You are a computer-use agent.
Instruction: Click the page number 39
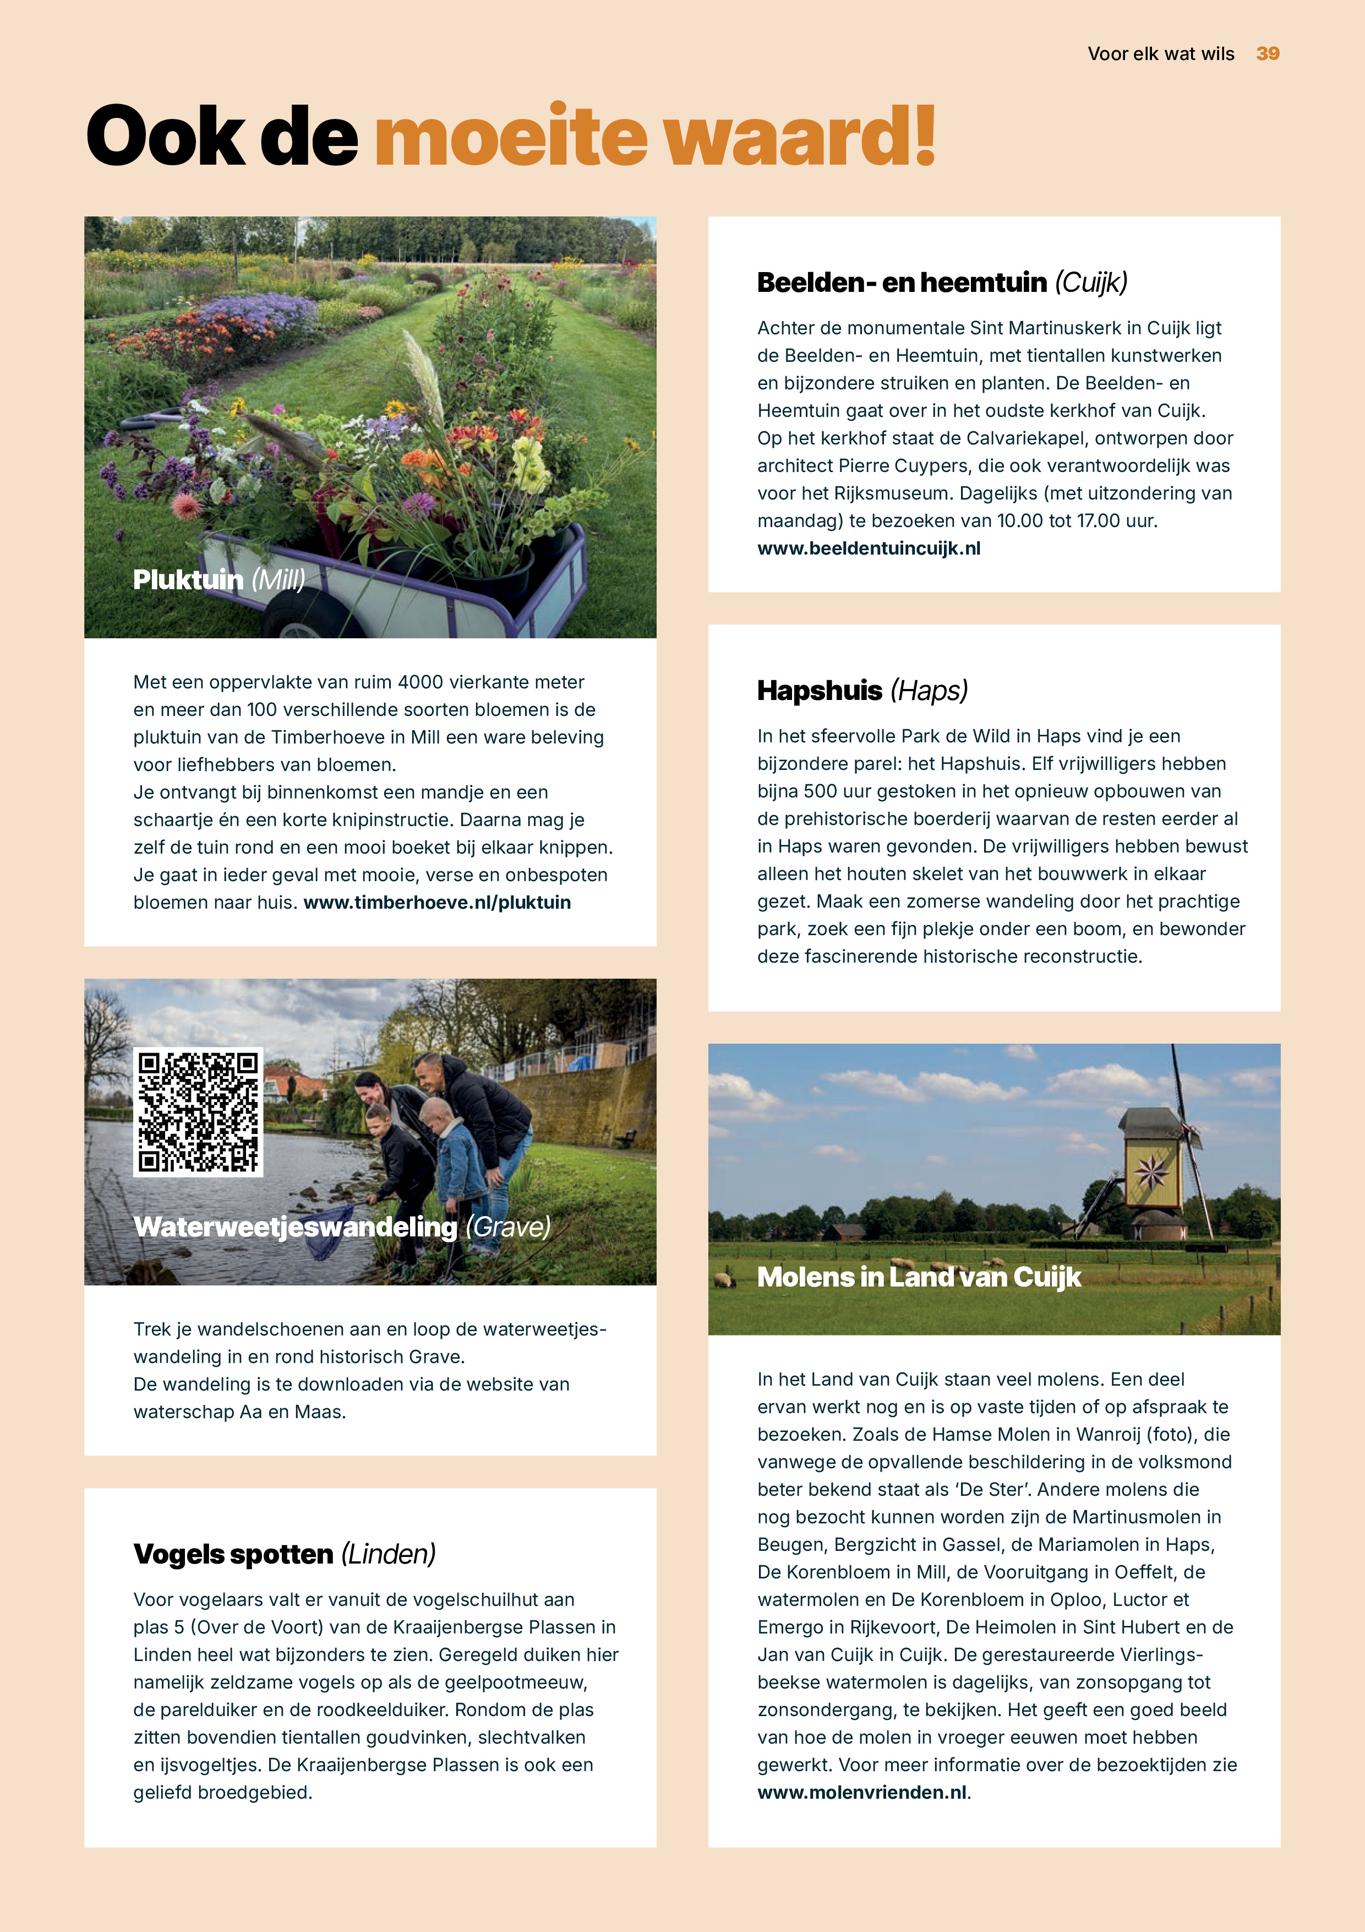click(x=1268, y=54)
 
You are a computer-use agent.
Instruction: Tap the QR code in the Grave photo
click(x=199, y=1111)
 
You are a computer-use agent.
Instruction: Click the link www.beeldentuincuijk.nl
click(x=869, y=549)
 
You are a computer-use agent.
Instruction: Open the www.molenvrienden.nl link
click(x=862, y=1792)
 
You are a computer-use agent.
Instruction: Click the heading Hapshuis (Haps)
click(x=862, y=691)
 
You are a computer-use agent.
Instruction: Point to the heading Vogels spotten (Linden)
click(x=284, y=1554)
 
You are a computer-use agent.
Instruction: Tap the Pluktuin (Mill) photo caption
click(x=219, y=580)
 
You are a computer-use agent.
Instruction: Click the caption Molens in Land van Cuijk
click(x=919, y=1277)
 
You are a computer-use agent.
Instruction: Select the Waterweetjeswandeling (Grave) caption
click(x=341, y=1228)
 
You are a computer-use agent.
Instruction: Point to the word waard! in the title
click(x=799, y=137)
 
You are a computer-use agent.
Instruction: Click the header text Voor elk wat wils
click(x=1161, y=54)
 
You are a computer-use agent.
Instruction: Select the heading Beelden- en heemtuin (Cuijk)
click(x=942, y=283)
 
